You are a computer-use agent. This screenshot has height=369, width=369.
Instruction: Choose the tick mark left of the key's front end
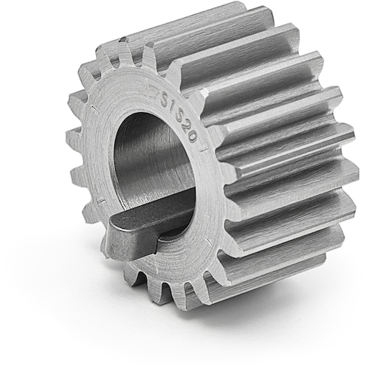click(x=94, y=200)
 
